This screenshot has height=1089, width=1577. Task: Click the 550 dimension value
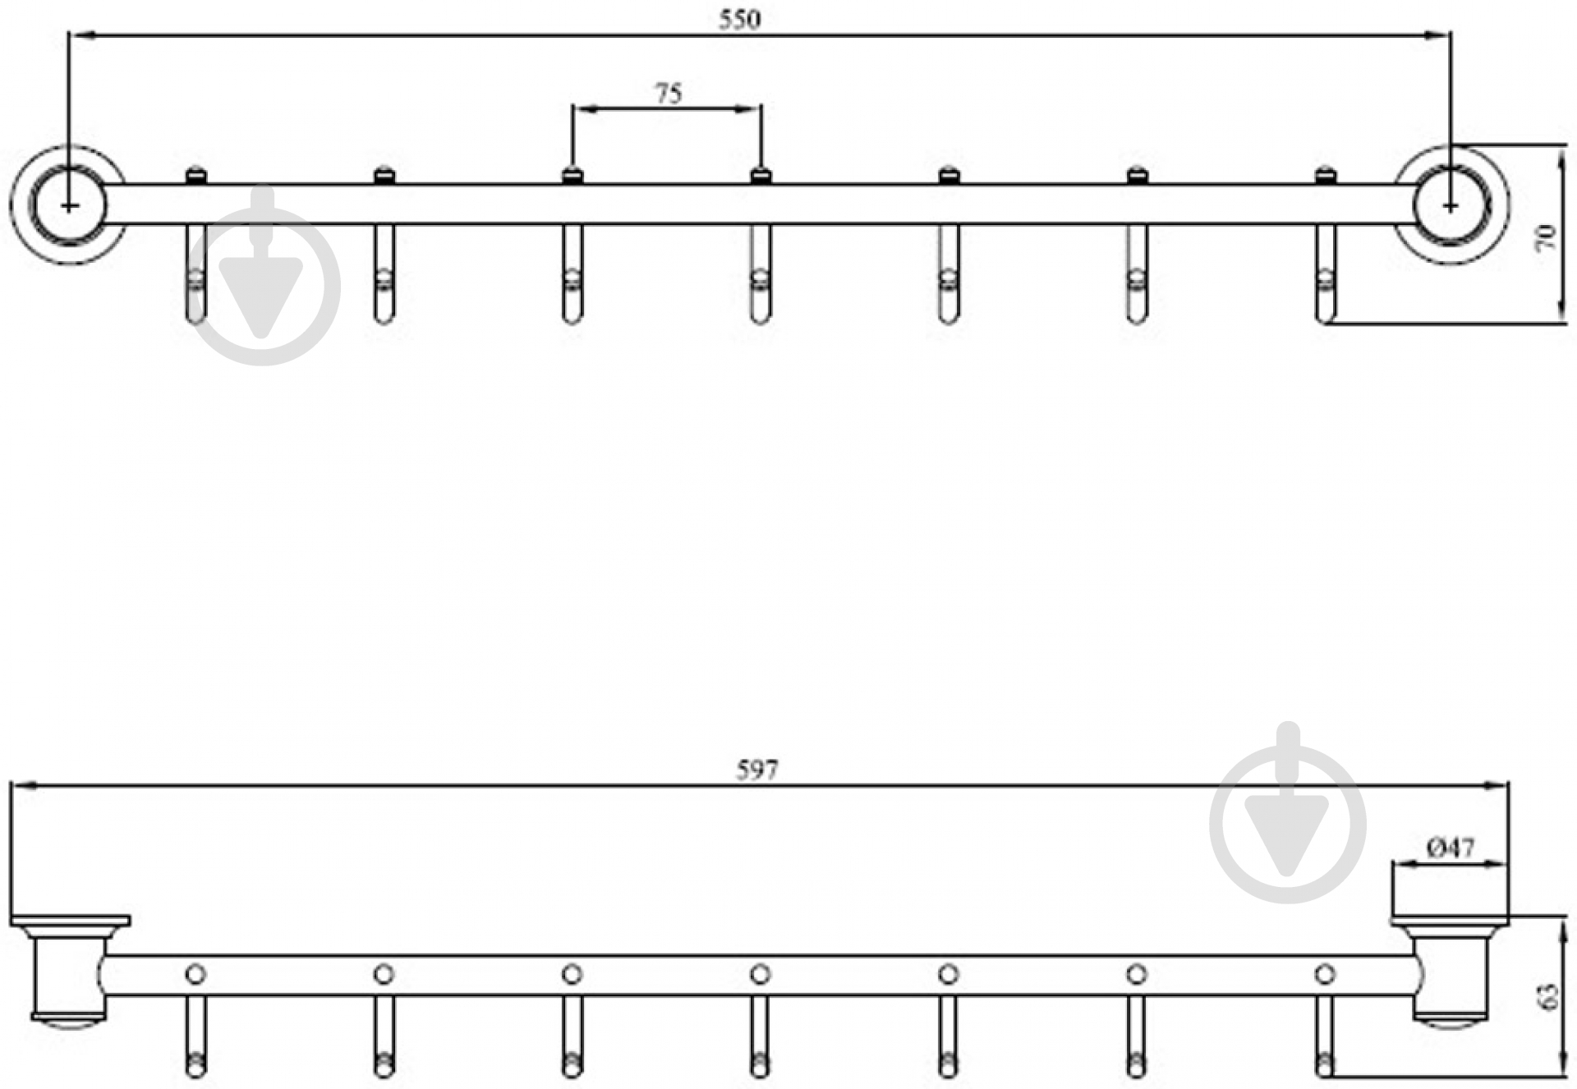pyautogui.click(x=740, y=20)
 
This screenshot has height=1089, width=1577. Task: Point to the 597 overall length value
pyautogui.click(x=756, y=770)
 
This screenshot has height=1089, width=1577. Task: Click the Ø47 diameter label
pyautogui.click(x=1451, y=847)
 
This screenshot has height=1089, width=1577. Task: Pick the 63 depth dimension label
pyautogui.click(x=1547, y=995)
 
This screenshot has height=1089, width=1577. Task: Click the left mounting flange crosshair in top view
pyautogui.click(x=70, y=204)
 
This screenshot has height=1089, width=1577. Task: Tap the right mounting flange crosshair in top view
pyautogui.click(x=1451, y=204)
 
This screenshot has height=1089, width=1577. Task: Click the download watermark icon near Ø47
pyautogui.click(x=1288, y=813)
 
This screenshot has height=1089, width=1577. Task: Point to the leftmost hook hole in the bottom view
pyautogui.click(x=195, y=974)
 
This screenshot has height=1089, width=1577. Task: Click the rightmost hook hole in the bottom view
pyautogui.click(x=1324, y=974)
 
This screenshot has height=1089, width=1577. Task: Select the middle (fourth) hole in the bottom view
pyautogui.click(x=760, y=974)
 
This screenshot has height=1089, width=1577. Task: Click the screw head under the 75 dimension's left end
pyautogui.click(x=572, y=174)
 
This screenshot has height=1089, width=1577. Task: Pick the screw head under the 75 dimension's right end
pyautogui.click(x=761, y=174)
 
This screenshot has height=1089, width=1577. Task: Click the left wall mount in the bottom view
pyautogui.click(x=70, y=969)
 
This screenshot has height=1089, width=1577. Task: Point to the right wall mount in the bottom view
pyautogui.click(x=1450, y=969)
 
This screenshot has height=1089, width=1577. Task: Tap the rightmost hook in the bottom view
pyautogui.click(x=1324, y=1036)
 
